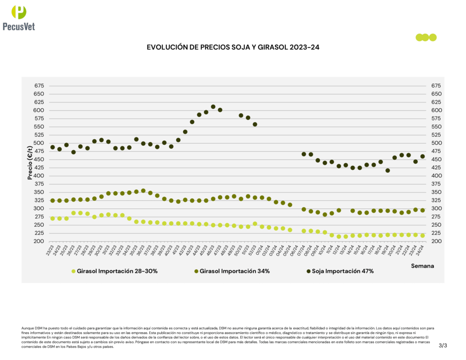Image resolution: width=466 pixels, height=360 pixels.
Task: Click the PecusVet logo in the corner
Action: (19, 18)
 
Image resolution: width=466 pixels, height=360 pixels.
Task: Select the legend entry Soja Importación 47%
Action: (339, 271)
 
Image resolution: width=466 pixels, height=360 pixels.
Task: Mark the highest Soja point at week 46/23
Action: (213, 107)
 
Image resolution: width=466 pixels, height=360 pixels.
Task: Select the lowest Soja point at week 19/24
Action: (388, 171)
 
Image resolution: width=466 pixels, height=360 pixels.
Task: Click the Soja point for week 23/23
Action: (52, 147)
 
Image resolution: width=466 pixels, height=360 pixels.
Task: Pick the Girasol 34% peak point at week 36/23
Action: (143, 191)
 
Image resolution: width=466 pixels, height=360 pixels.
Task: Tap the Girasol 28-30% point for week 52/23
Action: (255, 224)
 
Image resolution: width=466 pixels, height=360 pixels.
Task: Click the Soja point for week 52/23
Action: (255, 124)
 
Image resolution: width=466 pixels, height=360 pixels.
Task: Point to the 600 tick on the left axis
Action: (39, 111)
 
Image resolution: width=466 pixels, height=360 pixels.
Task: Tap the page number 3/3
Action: (443, 345)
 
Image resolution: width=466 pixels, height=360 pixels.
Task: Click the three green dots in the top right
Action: (426, 37)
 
